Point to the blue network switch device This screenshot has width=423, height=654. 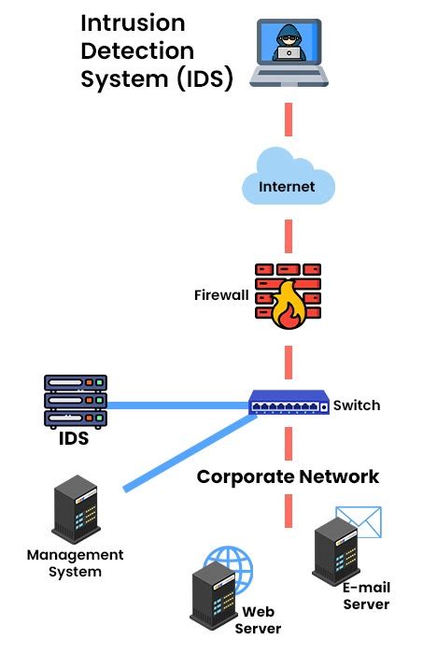(289, 405)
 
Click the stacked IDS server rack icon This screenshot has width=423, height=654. (76, 401)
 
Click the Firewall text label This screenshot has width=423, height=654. (221, 295)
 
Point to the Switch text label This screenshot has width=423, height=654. (357, 405)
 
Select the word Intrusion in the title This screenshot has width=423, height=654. (133, 22)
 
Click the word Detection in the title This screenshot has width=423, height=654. (137, 50)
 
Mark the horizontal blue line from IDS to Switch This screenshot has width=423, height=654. (177, 405)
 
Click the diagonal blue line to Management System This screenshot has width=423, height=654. (187, 454)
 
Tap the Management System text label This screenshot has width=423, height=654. (75, 563)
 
